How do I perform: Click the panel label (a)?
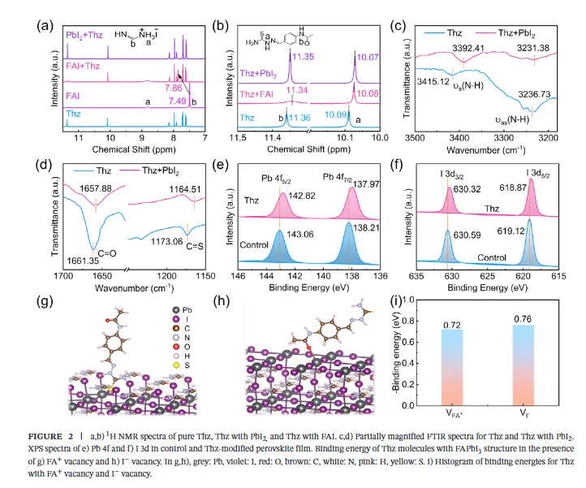point(45,23)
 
